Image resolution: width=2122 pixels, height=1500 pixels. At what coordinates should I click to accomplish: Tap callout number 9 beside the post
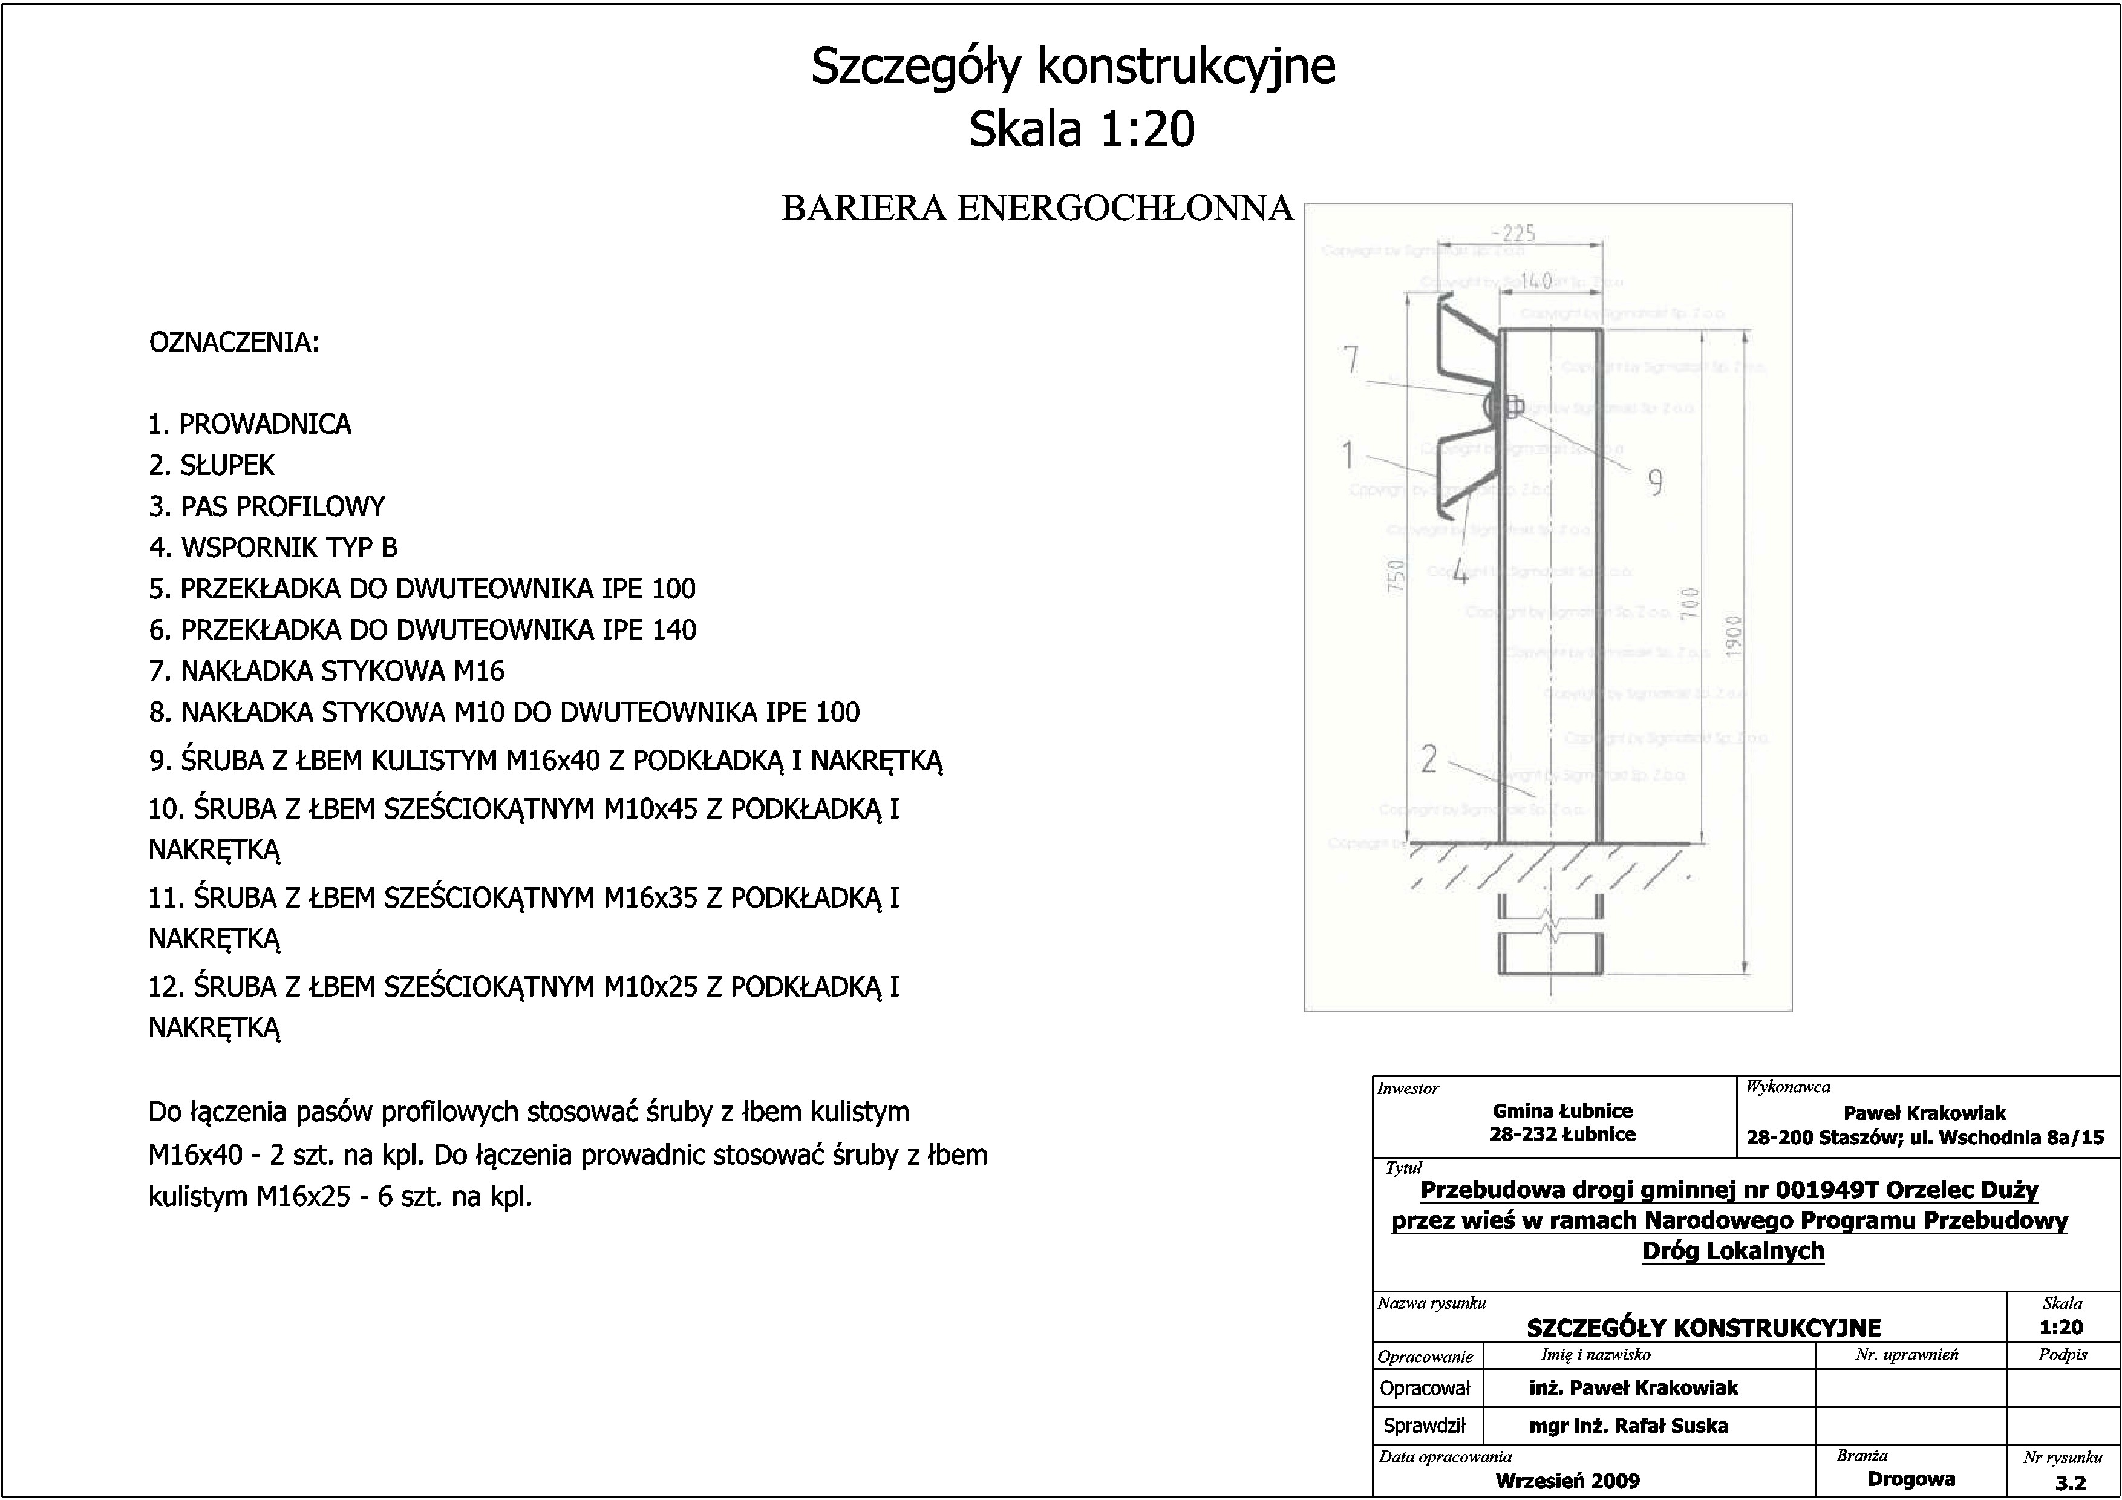1655,482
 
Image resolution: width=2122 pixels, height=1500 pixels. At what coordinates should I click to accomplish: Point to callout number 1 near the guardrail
1348,454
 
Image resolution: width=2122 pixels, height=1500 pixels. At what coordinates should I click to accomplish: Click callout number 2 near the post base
1429,760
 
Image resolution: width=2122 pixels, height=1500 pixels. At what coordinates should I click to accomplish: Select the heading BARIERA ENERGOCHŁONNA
1037,209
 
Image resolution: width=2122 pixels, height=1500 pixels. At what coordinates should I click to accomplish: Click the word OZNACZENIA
234,343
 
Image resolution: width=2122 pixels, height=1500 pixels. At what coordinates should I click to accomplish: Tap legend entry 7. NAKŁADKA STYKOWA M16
327,671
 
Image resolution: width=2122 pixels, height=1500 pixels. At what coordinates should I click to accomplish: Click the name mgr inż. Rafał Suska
1628,1426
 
